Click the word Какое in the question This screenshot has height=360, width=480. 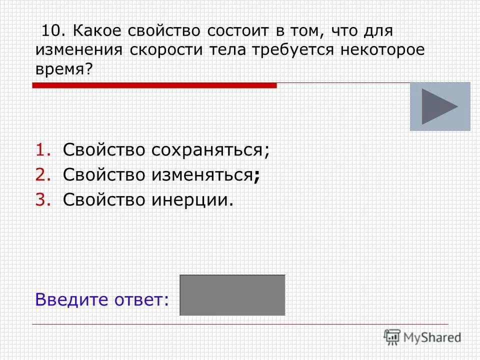pyautogui.click(x=96, y=31)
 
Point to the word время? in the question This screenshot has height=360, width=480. pyautogui.click(x=64, y=69)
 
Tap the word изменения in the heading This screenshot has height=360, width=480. pyautogui.click(x=80, y=50)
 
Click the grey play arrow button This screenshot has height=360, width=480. pyautogui.click(x=440, y=106)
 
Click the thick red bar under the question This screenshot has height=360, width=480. pyautogui.click(x=154, y=86)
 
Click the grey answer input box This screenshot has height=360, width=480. pyautogui.click(x=232, y=295)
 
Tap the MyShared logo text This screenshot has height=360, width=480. pyautogui.click(x=433, y=337)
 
